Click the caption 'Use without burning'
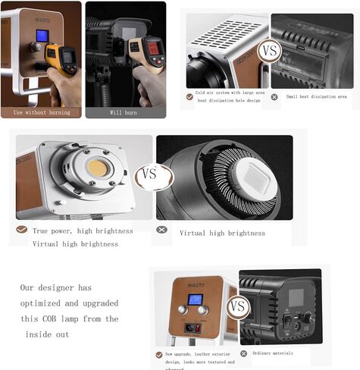pyautogui.click(x=42, y=113)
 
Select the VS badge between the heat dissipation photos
pyautogui.click(x=268, y=52)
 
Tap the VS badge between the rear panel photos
pyautogui.click(x=238, y=307)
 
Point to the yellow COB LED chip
pyautogui.click(x=97, y=168)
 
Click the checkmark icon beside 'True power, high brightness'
pyautogui.click(x=21, y=230)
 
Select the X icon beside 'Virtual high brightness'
pyautogui.click(x=161, y=230)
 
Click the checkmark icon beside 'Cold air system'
pyautogui.click(x=189, y=97)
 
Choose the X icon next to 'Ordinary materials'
pyautogui.click(x=244, y=353)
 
